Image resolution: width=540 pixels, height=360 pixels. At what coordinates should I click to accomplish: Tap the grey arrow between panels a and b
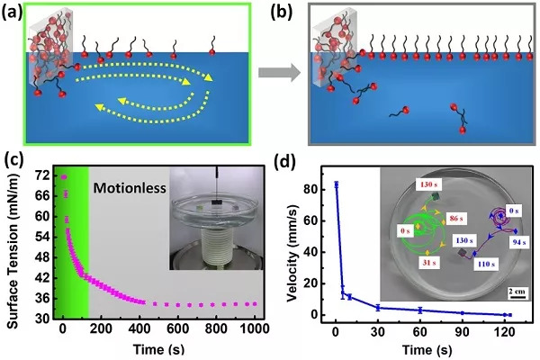[279, 72]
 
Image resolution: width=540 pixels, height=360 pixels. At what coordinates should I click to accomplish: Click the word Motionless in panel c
[130, 188]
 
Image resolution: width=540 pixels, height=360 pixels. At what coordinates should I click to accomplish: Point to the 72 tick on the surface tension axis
[42, 176]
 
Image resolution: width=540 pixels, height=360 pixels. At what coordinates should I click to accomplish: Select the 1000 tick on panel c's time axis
[255, 328]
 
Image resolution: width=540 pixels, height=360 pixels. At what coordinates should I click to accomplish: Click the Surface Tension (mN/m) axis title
[12, 247]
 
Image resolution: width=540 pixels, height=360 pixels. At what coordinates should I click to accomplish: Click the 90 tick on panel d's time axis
[463, 332]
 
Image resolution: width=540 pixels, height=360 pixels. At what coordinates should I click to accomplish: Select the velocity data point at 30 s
[378, 308]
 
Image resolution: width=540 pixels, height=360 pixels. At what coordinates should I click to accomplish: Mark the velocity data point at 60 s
[419, 310]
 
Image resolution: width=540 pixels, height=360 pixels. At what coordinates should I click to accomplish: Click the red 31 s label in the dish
[429, 263]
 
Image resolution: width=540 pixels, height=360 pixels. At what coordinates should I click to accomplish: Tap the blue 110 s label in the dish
[486, 265]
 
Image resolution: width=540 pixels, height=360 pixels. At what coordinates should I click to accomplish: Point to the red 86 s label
[456, 218]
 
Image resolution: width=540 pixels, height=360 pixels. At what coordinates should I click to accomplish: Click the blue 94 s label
[518, 242]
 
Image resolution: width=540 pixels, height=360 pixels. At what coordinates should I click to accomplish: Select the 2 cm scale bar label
[517, 292]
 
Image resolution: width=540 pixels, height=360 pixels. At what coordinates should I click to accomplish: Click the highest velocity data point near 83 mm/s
[336, 185]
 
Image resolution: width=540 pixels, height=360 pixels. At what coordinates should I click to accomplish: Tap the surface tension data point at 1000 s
[255, 304]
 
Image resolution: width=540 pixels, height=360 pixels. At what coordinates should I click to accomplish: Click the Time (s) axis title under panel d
[427, 350]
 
